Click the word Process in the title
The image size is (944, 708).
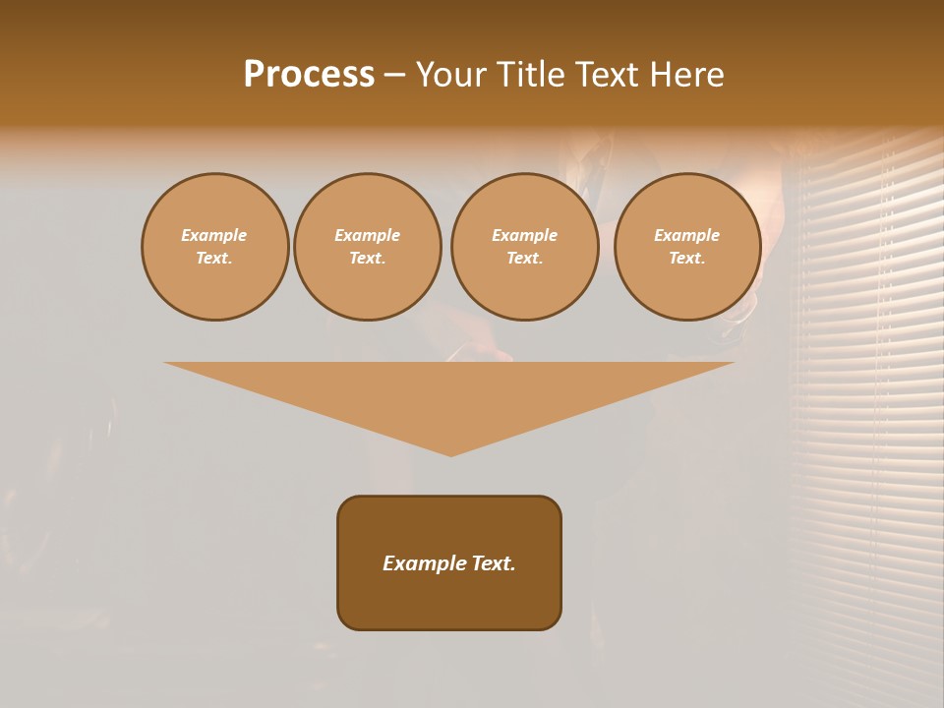tap(309, 75)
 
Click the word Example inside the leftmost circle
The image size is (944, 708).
tap(214, 235)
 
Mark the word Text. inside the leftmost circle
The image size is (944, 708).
tap(214, 258)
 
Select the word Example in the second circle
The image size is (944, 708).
tap(367, 235)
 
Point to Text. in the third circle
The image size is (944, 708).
tap(524, 258)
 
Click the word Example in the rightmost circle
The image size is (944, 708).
tap(686, 235)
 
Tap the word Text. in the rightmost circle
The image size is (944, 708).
tap(686, 258)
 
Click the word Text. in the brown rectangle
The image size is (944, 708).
tap(493, 563)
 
